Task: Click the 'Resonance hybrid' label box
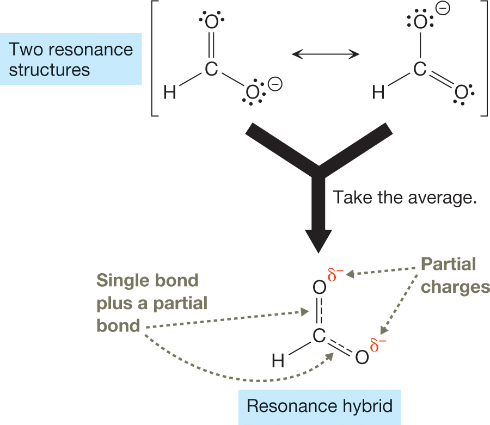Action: click(319, 406)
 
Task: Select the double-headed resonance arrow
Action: click(326, 53)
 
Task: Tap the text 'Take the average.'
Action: click(405, 197)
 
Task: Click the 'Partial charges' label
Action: click(455, 275)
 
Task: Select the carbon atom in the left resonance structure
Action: click(211, 69)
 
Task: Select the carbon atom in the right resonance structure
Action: click(418, 69)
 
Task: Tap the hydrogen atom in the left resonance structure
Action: click(170, 93)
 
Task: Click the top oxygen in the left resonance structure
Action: click(211, 22)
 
